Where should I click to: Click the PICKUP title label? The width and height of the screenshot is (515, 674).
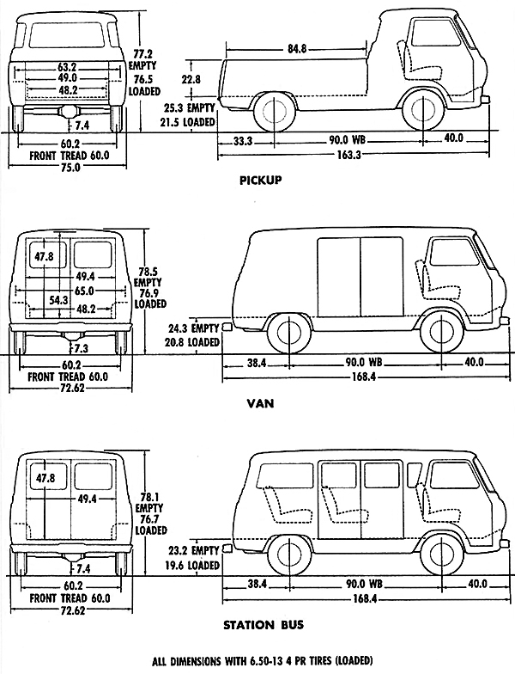click(263, 181)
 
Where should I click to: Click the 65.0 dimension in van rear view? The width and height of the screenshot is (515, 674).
click(86, 291)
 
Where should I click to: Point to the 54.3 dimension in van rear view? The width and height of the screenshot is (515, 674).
click(59, 300)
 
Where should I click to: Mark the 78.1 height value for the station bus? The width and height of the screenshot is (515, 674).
click(152, 495)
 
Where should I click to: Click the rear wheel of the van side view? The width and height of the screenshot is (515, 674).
click(284, 334)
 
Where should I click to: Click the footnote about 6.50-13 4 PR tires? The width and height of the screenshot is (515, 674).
click(263, 660)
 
